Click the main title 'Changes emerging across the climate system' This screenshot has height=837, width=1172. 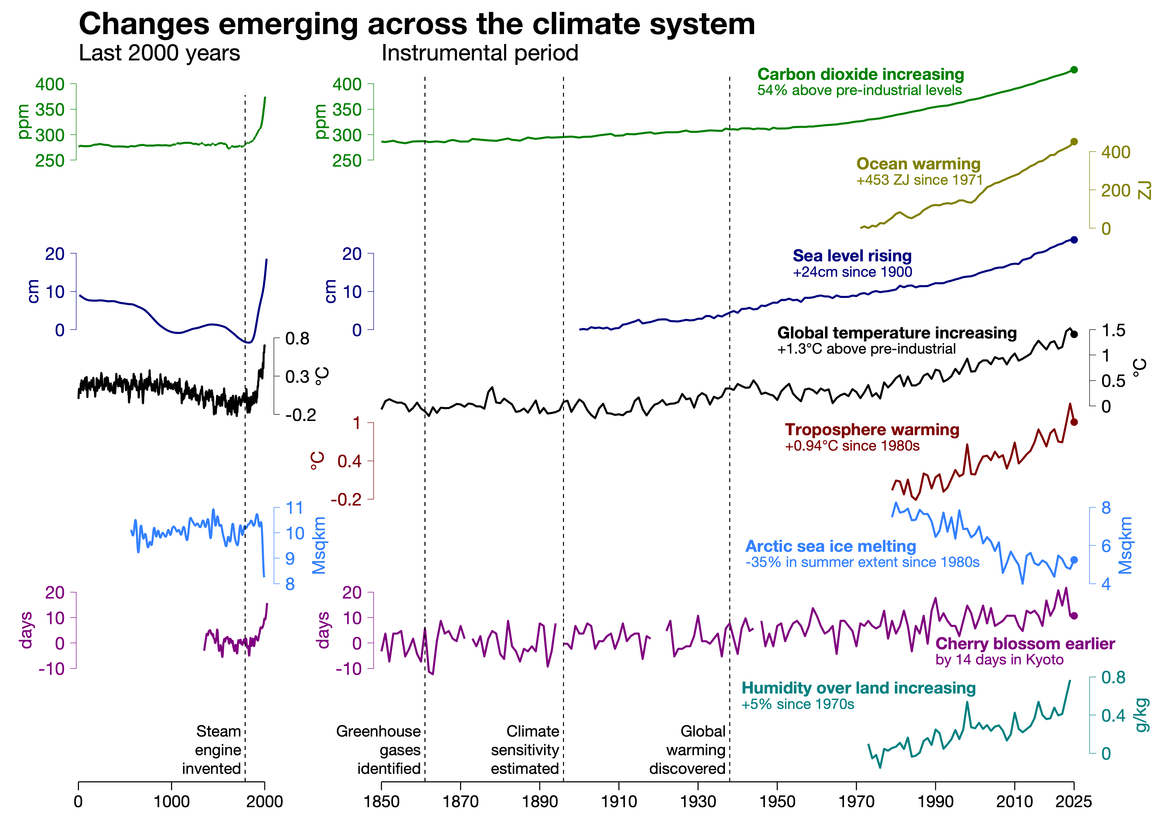[x=417, y=24]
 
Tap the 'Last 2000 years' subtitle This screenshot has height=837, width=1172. [x=159, y=53]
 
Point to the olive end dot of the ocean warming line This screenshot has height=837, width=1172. [x=1074, y=142]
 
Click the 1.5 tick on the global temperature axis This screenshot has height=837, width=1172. [x=1113, y=330]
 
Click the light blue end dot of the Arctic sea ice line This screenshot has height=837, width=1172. [x=1074, y=560]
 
